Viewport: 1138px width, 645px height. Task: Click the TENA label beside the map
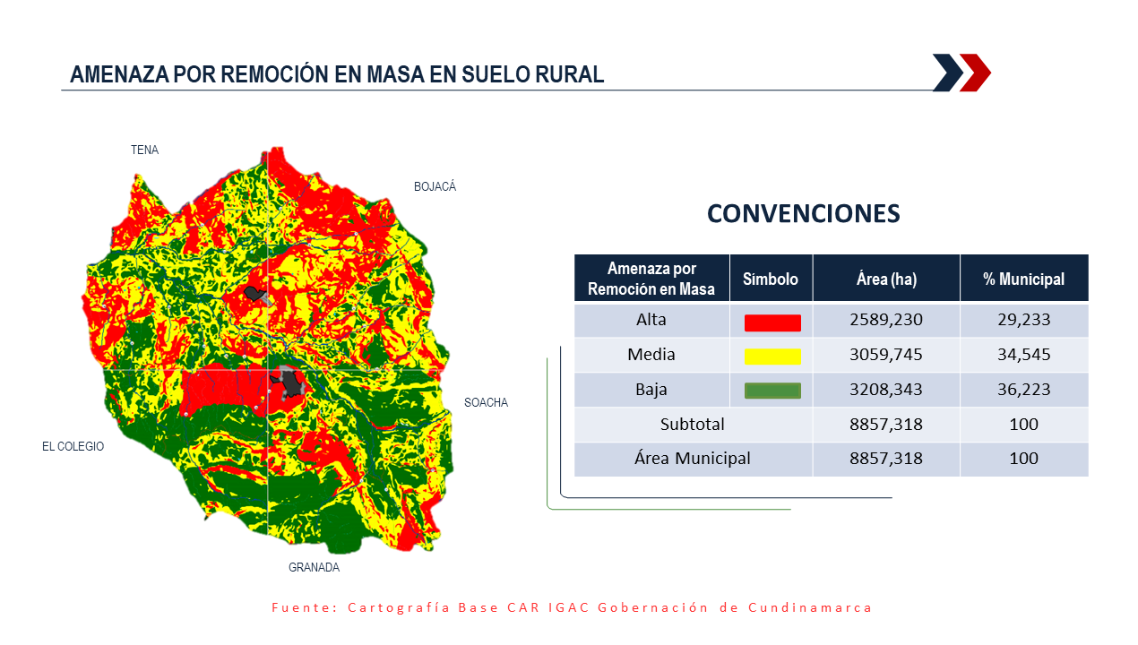pos(145,150)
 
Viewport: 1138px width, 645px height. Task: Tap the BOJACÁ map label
pos(435,186)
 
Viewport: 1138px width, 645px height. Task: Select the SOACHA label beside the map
pos(487,402)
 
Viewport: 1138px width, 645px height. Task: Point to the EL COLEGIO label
pos(73,446)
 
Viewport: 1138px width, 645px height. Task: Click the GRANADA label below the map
pos(314,567)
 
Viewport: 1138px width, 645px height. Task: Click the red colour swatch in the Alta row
pos(772,323)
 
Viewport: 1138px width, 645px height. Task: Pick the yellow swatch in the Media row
pos(772,357)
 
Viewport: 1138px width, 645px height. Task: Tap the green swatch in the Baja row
pos(772,391)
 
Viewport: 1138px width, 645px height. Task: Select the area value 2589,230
pos(886,320)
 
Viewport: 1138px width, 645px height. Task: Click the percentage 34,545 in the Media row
pos(1023,354)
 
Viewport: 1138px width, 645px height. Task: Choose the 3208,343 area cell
pos(886,389)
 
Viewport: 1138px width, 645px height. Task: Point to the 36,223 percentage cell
pos(1023,389)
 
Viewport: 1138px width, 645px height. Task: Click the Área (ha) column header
pos(886,279)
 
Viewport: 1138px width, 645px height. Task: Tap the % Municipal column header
pos(1023,279)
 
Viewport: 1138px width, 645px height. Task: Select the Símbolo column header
pos(771,279)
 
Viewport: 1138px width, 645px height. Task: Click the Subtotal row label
pos(693,424)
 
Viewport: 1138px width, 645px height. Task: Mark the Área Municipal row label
pos(693,458)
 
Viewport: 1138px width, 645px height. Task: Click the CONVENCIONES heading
pos(804,213)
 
